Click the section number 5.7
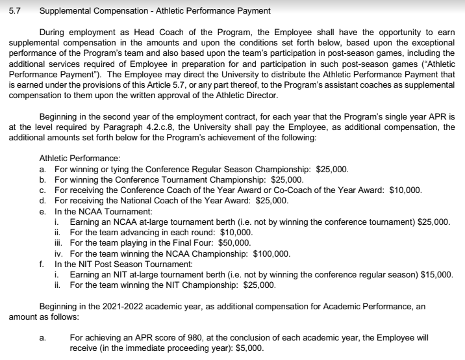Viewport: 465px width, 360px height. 14,10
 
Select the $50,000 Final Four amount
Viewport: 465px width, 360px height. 238,243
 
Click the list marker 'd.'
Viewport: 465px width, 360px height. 43,201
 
